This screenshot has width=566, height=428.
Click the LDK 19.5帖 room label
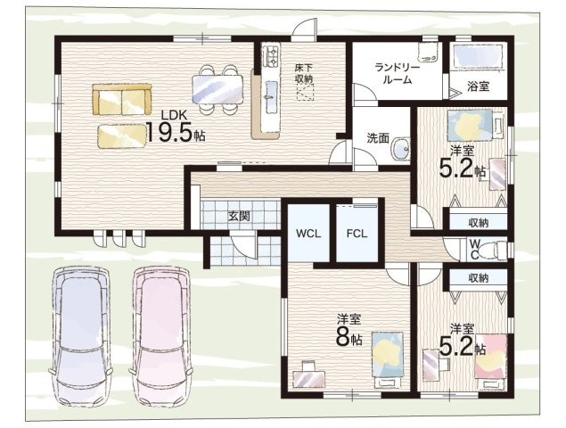pyautogui.click(x=175, y=128)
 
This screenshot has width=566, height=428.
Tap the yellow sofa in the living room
pyautogui.click(x=121, y=99)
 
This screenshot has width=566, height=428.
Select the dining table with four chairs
pyautogui.click(x=217, y=89)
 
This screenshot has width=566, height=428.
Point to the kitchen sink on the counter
pyautogui.click(x=272, y=90)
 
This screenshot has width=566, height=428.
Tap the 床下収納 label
pyautogui.click(x=303, y=72)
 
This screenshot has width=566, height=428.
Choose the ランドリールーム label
pyautogui.click(x=397, y=74)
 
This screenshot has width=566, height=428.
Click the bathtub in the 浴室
pyautogui.click(x=478, y=55)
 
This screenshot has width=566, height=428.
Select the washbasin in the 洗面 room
pyautogui.click(x=401, y=148)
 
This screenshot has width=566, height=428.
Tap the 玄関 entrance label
pyautogui.click(x=239, y=216)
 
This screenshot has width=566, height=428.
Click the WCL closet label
pyautogui.click(x=308, y=234)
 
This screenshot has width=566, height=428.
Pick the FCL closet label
pyautogui.click(x=357, y=234)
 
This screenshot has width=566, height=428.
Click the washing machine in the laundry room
pyautogui.click(x=429, y=53)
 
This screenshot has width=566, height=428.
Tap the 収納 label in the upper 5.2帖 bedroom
pyautogui.click(x=479, y=223)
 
